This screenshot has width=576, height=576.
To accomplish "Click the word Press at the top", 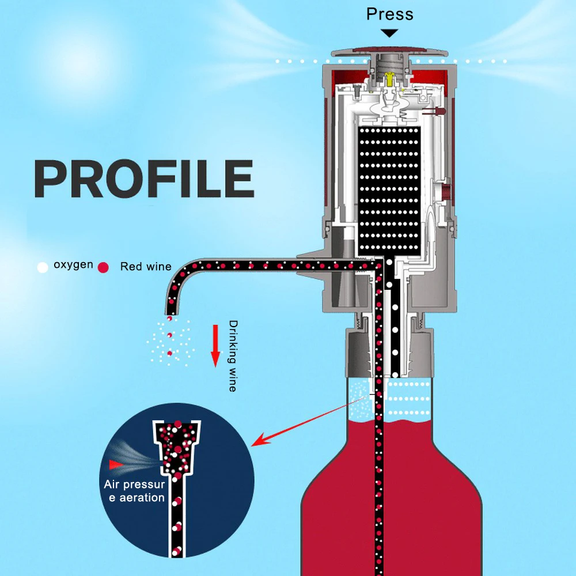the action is pos(390,14).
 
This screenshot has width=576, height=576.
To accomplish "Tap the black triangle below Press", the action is pos(389,33).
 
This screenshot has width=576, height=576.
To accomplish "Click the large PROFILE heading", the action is pos(144,179).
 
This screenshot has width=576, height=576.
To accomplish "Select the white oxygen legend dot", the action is pos(43,267).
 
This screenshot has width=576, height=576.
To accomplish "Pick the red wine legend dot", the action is pos(103,267).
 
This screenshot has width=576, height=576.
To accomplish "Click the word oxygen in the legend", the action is pos(74,265).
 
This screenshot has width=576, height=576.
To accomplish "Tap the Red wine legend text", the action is pos(146,266).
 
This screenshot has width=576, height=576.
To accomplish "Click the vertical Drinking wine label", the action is pos(233,356).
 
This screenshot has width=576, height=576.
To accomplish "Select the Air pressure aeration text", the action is pos(134,491).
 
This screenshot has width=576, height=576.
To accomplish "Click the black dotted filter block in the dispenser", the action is pos(389,191).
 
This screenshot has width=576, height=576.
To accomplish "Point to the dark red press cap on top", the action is pos(390,50).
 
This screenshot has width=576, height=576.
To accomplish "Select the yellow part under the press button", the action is pos(389,79).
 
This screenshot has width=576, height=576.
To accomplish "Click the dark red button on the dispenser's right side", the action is pos(446,192).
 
